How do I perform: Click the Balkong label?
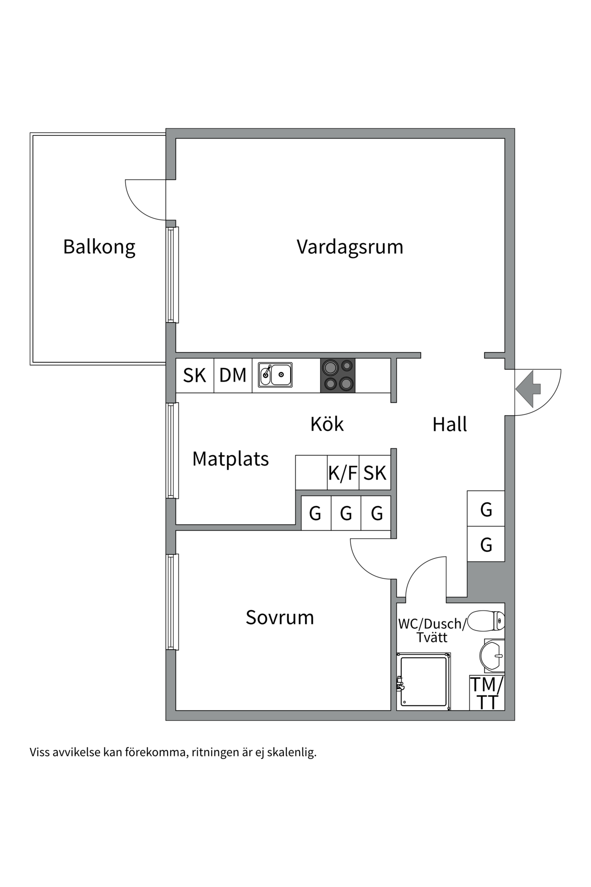(x=99, y=247)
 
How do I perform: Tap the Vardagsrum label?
(x=350, y=247)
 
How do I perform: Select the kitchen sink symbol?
(x=275, y=375)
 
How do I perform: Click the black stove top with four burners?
(x=338, y=376)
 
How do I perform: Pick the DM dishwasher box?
(x=233, y=376)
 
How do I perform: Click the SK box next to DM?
(x=194, y=376)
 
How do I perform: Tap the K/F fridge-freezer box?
(x=343, y=473)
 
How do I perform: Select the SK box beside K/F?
(x=375, y=473)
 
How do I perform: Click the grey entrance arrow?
(x=528, y=389)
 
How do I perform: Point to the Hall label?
(x=449, y=425)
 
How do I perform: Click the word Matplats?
(x=230, y=459)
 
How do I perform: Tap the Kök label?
(x=327, y=424)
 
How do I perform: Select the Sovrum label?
(x=280, y=617)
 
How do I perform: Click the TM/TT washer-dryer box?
(x=487, y=693)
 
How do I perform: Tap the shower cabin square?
(x=423, y=681)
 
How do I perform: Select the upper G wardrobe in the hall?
(x=486, y=509)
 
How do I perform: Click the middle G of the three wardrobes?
(x=346, y=513)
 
